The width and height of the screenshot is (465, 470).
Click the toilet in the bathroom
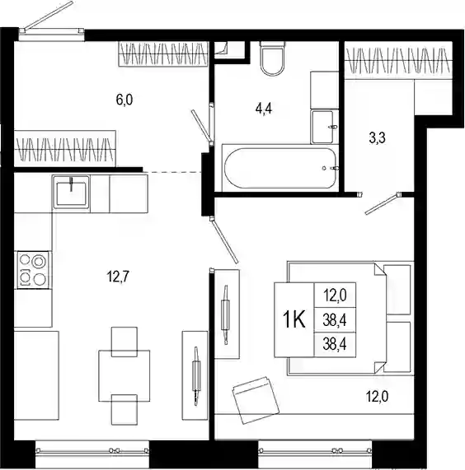(x=272, y=58)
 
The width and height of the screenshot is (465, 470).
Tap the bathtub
(x=280, y=168)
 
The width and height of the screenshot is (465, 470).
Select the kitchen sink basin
(x=71, y=192)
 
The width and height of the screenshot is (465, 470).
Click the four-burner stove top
(x=33, y=270)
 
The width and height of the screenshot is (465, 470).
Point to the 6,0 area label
(x=124, y=100)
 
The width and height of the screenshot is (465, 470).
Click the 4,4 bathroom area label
(x=264, y=109)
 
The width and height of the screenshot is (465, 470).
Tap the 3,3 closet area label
(x=377, y=138)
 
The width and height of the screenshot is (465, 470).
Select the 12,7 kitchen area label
(x=118, y=276)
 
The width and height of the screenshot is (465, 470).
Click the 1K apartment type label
(x=294, y=319)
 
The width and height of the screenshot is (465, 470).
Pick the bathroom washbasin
(x=322, y=127)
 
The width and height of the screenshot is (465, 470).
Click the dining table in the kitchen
(x=124, y=376)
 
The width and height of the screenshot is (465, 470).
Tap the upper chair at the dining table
(x=124, y=342)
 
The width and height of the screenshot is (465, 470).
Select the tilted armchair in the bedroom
(x=256, y=400)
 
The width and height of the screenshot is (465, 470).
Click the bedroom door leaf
(x=224, y=240)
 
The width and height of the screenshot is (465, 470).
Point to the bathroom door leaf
(x=201, y=125)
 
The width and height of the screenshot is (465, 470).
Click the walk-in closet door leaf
(x=383, y=204)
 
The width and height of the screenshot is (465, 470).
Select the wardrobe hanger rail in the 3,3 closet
(x=398, y=60)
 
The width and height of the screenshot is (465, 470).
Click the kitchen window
(x=92, y=450)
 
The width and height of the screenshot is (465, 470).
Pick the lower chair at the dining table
(x=124, y=409)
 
